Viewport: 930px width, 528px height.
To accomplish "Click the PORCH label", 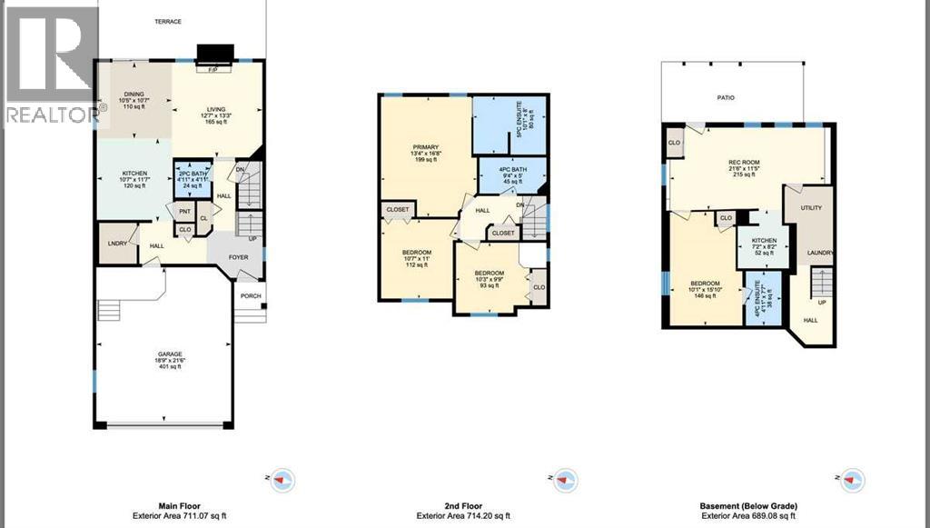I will click(x=250, y=296).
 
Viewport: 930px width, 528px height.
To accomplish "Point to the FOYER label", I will click(x=238, y=257).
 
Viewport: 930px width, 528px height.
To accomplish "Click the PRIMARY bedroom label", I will click(x=426, y=147).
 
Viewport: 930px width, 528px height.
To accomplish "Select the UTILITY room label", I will click(x=811, y=208).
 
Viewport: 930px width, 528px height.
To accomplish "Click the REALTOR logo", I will click(x=50, y=64).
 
